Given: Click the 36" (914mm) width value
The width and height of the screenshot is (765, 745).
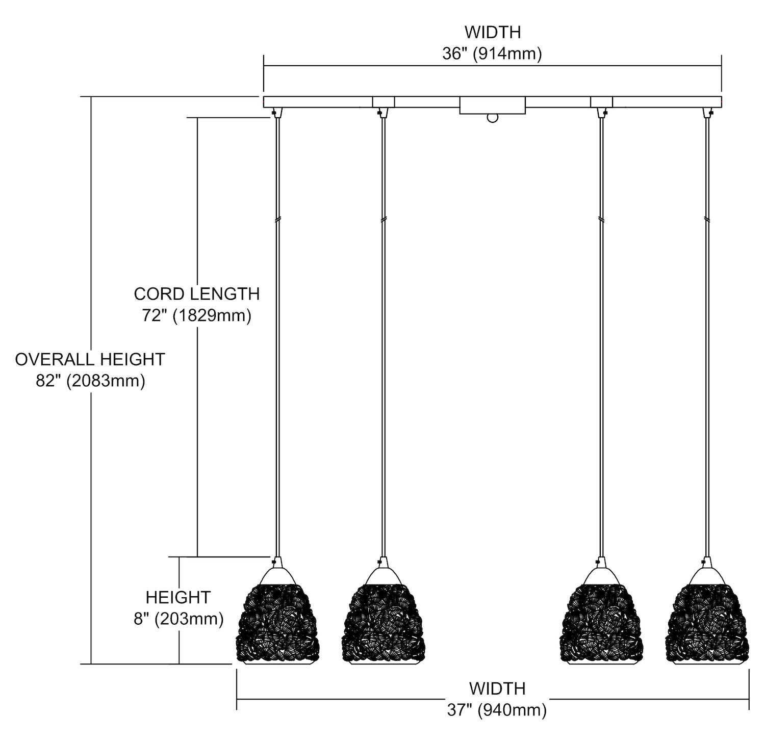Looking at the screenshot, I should pos(492,54).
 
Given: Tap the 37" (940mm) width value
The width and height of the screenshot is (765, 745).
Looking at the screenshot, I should pos(497,710).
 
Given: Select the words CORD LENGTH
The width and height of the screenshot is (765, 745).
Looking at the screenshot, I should pos(197,294).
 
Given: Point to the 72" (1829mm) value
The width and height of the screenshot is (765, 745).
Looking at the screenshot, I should pos(197,316).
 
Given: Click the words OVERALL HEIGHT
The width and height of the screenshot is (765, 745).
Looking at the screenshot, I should pos(90,359).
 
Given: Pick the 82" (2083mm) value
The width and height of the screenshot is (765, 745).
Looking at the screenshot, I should pos(90,381).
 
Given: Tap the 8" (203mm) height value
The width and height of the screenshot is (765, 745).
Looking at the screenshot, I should pos(178,619).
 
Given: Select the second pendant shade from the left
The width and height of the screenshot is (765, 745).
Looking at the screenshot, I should pos(383,624).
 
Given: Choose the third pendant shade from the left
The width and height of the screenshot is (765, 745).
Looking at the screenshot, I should pos(600,624).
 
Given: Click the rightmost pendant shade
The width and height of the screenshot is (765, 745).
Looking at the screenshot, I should pos(707,624).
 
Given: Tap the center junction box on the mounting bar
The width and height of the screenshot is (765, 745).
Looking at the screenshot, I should pos(492,105).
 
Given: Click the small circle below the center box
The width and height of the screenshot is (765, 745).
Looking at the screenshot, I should pos(492,118).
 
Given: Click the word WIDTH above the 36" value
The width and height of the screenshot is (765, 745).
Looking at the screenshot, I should pos(493,32).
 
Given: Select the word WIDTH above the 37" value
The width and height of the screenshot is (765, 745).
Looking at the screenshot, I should pos(497,688).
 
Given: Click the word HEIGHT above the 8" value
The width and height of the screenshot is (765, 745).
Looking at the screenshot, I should pos(178,597).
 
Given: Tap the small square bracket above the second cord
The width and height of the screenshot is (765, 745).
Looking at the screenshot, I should pos(384,102).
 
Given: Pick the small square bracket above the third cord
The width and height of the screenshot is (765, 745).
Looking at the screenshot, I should pos(601,102).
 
